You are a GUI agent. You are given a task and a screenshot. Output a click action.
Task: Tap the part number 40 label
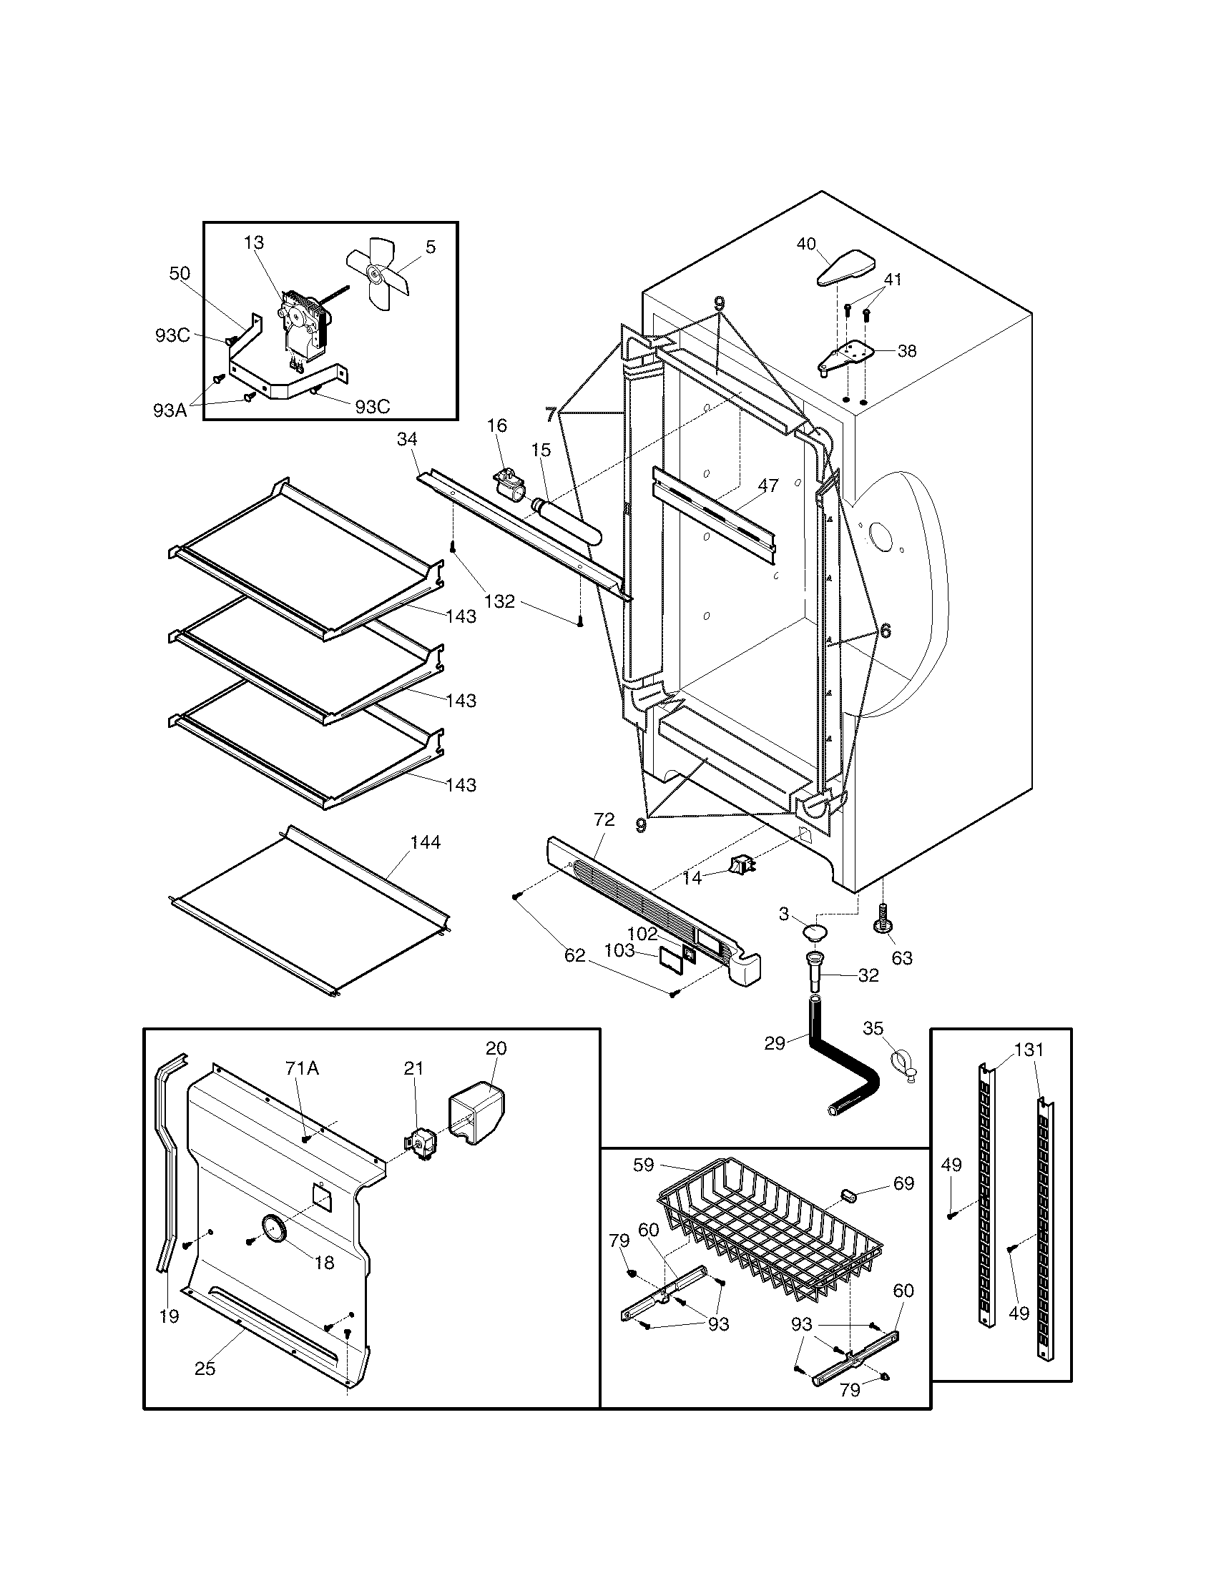point(806,244)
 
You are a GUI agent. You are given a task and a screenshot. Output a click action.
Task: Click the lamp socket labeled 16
point(509,480)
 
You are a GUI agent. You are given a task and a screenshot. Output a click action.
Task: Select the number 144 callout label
point(425,842)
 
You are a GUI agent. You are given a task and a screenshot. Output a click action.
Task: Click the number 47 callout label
point(768,485)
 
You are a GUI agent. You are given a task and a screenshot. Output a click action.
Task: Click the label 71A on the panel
point(302,1068)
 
